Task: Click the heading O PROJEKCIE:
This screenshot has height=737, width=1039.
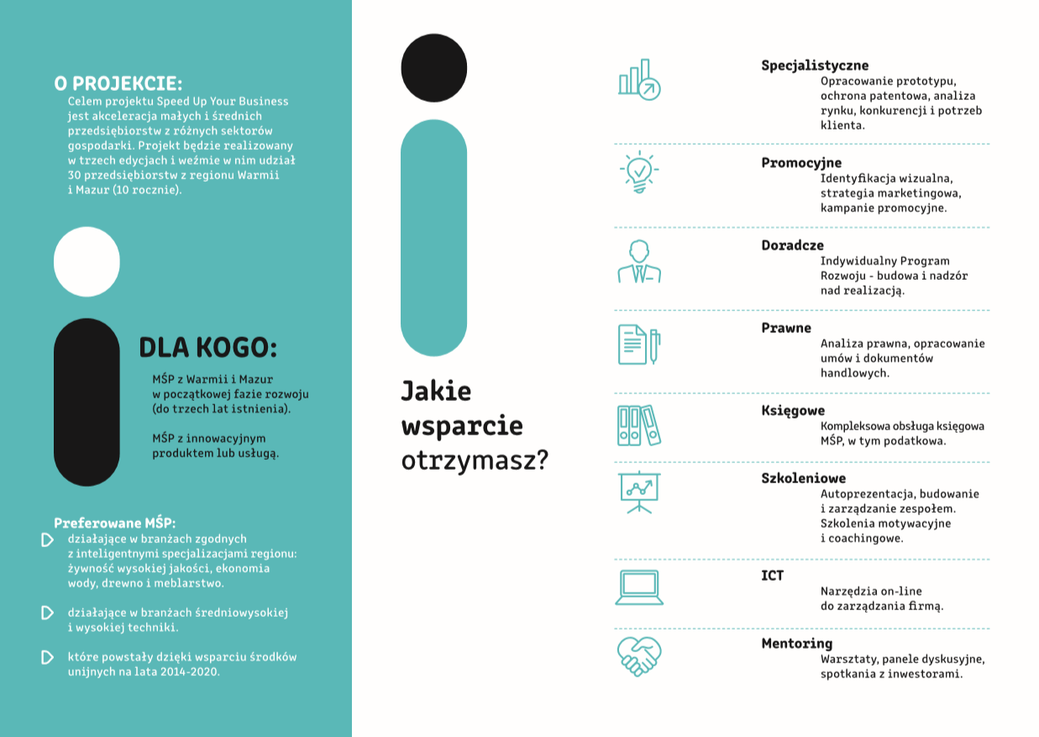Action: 118,83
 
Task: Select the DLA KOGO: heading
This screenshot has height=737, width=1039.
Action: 207,348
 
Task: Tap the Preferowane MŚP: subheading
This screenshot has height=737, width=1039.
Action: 115,522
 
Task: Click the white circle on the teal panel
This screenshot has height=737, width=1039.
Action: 87,261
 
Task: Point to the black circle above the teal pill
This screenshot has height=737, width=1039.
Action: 433,67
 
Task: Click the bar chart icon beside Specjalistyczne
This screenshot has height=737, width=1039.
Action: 639,80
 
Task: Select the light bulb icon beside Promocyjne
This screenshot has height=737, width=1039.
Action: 639,172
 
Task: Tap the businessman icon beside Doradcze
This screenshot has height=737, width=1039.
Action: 639,261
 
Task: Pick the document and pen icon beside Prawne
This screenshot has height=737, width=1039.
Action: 639,345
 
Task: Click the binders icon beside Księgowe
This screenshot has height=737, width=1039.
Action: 639,425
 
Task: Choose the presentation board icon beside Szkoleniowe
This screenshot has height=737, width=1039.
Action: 639,492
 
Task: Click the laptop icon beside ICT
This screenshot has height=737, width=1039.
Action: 639,587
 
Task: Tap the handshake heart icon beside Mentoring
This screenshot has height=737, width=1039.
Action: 639,655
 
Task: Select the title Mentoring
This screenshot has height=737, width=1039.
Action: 796,644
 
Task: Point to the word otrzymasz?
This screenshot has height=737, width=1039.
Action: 475,461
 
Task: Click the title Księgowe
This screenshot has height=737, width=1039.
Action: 793,411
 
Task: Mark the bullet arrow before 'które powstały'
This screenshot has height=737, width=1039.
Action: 47,657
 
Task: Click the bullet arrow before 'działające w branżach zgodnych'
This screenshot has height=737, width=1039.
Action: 47,539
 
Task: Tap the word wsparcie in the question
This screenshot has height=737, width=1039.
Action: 462,426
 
